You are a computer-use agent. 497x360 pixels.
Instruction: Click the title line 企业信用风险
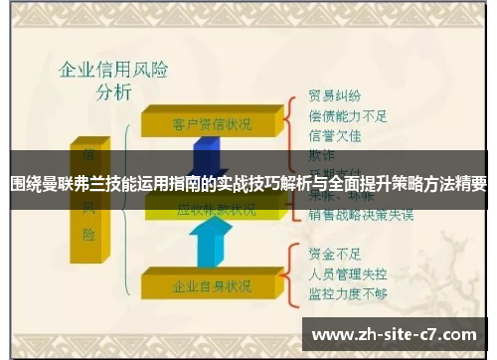112,72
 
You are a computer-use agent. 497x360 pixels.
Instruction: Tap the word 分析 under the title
112,94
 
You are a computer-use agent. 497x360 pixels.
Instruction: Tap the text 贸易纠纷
335,96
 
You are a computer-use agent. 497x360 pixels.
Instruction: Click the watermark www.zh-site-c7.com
396,334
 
